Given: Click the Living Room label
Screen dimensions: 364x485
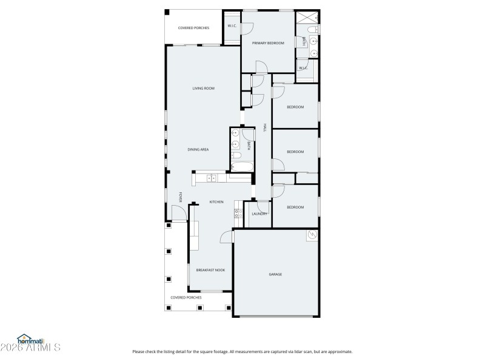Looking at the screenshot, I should coord(204,89).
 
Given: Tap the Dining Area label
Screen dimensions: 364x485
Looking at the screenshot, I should coord(198,149).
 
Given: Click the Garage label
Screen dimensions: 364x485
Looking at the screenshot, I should coord(275,274).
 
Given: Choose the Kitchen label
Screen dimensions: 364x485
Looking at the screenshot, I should coord(216,202).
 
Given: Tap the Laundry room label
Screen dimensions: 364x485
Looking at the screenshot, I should coord(260,214).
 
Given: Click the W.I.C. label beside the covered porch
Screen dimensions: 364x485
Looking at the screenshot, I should coord(232,26).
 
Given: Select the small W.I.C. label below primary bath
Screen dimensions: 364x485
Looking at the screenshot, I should coord(303,68).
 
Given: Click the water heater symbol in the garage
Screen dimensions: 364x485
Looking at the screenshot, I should coord(313,235).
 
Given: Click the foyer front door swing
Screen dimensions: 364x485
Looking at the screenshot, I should coord(178,213).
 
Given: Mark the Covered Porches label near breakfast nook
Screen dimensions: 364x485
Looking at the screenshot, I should coord(186,298).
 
